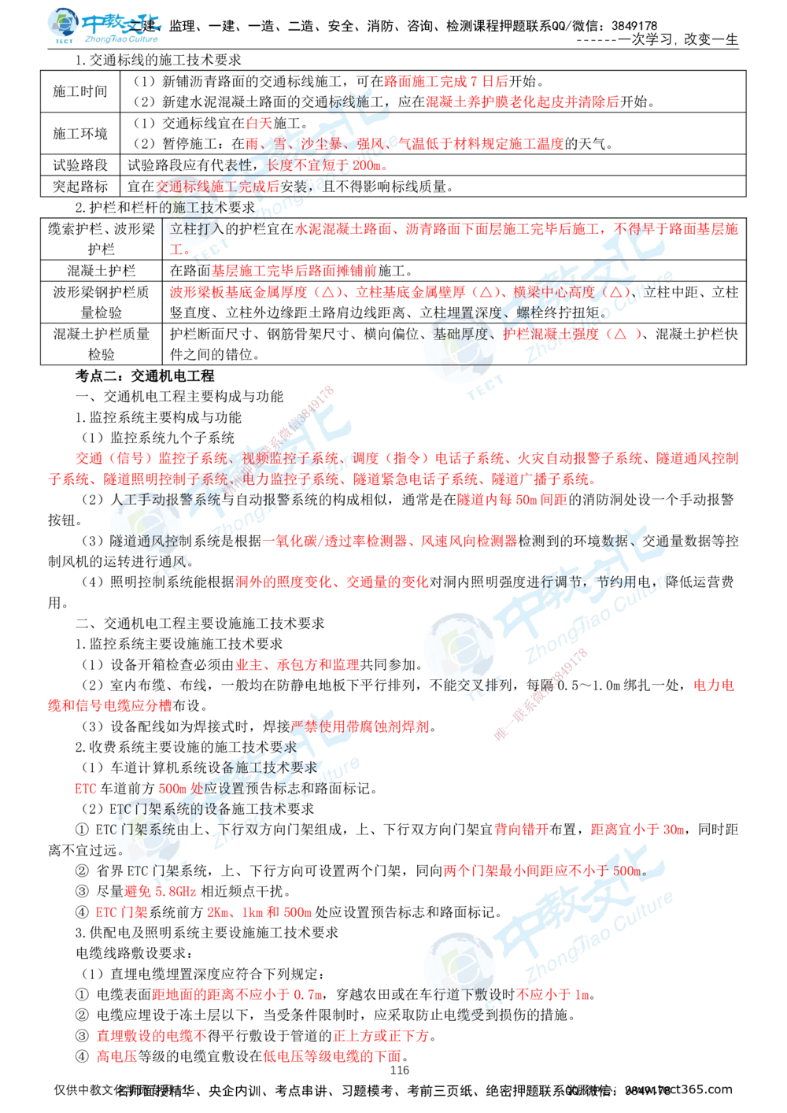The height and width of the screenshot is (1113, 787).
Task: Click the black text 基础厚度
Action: [462, 334]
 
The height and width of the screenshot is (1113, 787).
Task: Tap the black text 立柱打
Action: [189, 228]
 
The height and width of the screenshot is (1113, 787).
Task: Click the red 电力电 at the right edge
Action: [714, 685]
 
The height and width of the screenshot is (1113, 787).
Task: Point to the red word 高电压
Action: [116, 1056]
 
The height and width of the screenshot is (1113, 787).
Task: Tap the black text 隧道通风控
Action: [146, 541]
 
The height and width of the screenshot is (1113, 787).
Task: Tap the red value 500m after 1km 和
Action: [298, 913]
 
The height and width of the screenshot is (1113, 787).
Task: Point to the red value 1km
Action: [253, 913]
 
